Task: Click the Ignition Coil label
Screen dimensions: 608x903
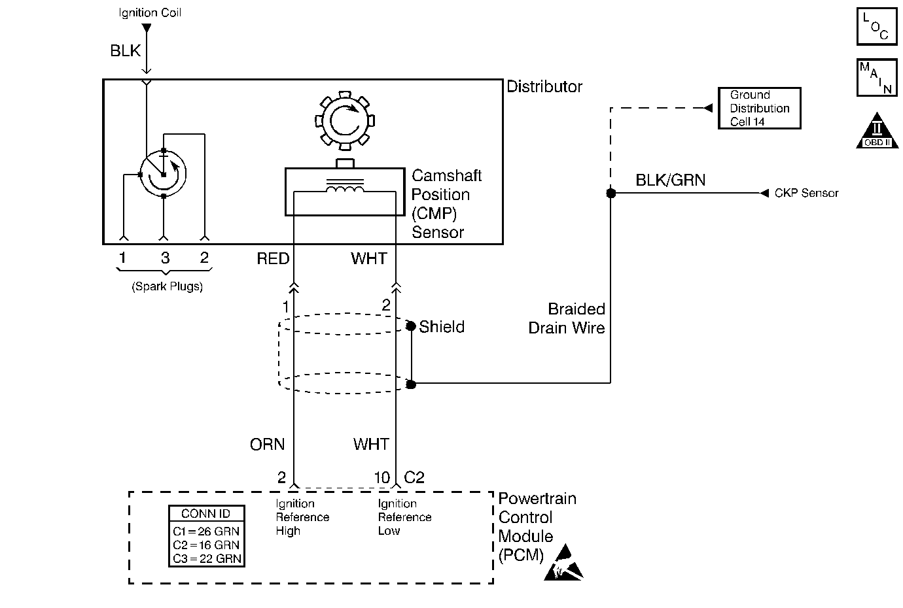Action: click(150, 12)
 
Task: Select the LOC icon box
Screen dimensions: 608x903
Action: click(877, 27)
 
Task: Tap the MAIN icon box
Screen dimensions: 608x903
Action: click(877, 78)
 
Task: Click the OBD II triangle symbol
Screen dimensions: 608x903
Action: click(877, 133)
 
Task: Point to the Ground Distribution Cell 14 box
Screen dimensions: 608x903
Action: click(759, 109)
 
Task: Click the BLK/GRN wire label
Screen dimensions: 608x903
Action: click(670, 180)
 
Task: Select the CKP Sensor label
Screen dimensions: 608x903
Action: click(806, 194)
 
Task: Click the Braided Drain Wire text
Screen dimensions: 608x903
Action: click(567, 318)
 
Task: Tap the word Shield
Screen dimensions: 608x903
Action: click(442, 327)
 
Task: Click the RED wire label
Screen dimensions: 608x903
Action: click(273, 259)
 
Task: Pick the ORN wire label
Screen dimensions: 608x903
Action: click(267, 445)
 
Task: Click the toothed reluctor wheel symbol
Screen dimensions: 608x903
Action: click(343, 121)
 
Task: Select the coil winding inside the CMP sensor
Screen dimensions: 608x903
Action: click(345, 190)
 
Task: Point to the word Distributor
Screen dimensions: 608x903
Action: click(544, 87)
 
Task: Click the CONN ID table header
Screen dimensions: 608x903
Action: click(206, 514)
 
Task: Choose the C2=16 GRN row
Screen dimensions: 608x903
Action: click(206, 545)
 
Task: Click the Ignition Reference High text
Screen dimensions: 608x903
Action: click(302, 517)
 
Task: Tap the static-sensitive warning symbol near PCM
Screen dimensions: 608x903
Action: click(563, 563)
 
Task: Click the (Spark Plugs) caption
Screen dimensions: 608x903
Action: click(168, 286)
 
